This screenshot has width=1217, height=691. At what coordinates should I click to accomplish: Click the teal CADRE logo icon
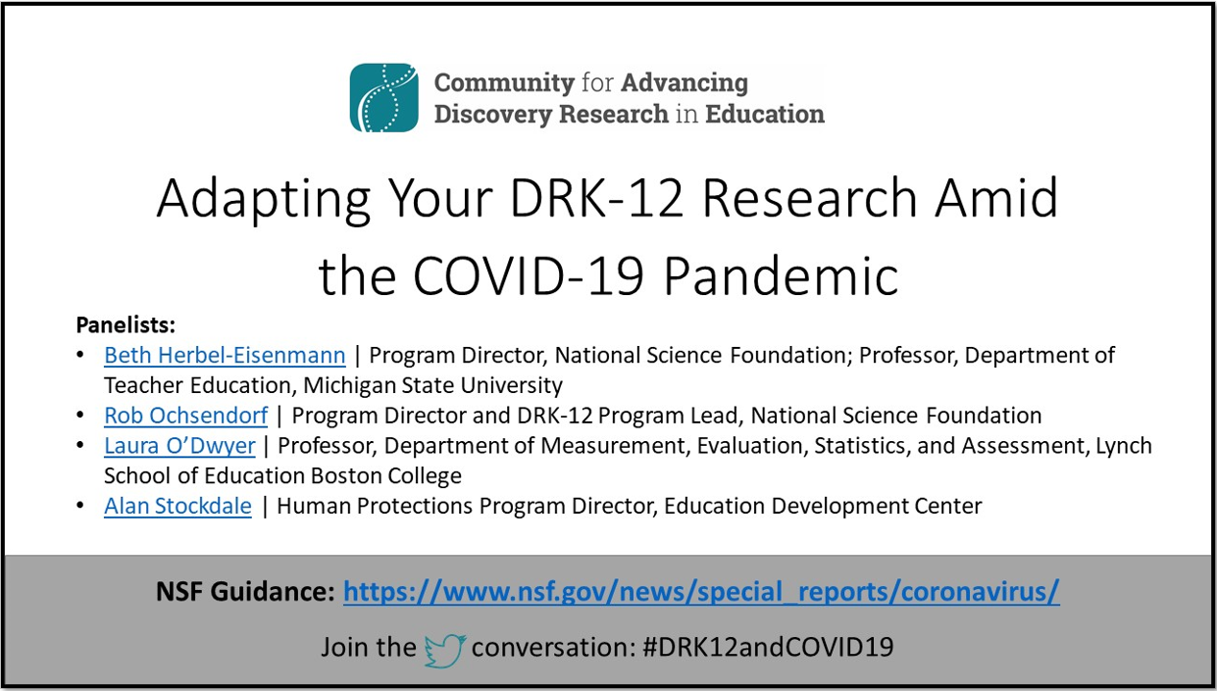coord(384,98)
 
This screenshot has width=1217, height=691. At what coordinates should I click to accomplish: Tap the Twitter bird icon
coord(445,650)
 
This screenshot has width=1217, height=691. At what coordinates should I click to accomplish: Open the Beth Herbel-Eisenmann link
coord(225,356)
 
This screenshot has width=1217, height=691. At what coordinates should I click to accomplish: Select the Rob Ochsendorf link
coord(185,416)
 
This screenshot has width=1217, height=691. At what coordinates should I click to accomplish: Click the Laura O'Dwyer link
coord(179,446)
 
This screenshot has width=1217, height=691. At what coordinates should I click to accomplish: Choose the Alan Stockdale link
coord(177,506)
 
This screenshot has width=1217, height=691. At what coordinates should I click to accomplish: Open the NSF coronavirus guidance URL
coord(701,591)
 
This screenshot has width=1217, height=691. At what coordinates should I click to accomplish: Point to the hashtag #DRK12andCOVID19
coord(768,647)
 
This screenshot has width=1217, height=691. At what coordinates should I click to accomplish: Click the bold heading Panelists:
coord(126,325)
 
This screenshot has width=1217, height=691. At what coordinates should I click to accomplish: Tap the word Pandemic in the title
coord(782,275)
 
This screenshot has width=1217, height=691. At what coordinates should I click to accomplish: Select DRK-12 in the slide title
coord(596,198)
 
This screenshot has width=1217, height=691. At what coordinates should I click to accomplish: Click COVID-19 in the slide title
coord(529,275)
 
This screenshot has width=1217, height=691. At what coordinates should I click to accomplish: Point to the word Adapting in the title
coord(264,200)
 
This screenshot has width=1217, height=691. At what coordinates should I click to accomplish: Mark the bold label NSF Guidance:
coord(245,591)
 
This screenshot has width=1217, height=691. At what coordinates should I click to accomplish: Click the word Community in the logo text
coord(504,82)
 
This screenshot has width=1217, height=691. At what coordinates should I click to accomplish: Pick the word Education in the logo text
coord(765,114)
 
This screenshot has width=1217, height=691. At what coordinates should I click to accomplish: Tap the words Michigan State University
coord(432,385)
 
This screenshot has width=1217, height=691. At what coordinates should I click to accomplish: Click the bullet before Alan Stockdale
coord(81,506)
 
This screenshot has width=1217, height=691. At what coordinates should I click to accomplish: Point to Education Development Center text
coord(823,506)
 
